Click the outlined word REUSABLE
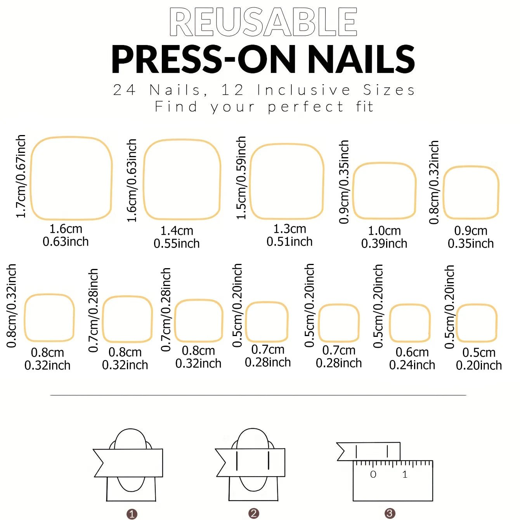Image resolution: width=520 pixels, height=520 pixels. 263,22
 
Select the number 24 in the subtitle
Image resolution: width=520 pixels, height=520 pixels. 124,90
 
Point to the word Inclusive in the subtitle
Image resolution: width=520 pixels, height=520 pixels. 303,90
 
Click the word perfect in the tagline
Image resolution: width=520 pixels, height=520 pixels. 306,107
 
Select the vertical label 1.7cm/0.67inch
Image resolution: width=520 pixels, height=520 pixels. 21,177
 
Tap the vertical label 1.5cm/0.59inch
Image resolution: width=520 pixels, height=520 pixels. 241,178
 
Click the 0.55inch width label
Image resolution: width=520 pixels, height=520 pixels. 177,244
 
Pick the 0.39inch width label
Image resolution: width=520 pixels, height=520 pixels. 384,244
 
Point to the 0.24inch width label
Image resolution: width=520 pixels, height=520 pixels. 412,365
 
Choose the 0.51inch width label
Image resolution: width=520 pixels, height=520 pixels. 289,242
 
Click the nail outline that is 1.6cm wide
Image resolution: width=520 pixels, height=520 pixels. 71,178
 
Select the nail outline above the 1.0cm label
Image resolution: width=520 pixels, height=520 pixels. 384,191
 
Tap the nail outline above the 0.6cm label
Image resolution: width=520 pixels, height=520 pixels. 410,323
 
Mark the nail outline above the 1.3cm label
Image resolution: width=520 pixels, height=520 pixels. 287,182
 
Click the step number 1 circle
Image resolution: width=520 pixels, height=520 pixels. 132,514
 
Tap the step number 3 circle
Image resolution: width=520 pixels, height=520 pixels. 390,513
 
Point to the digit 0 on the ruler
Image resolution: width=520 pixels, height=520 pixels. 373,474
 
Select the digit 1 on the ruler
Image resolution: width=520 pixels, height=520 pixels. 405,474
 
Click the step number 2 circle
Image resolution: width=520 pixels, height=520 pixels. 253,513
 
